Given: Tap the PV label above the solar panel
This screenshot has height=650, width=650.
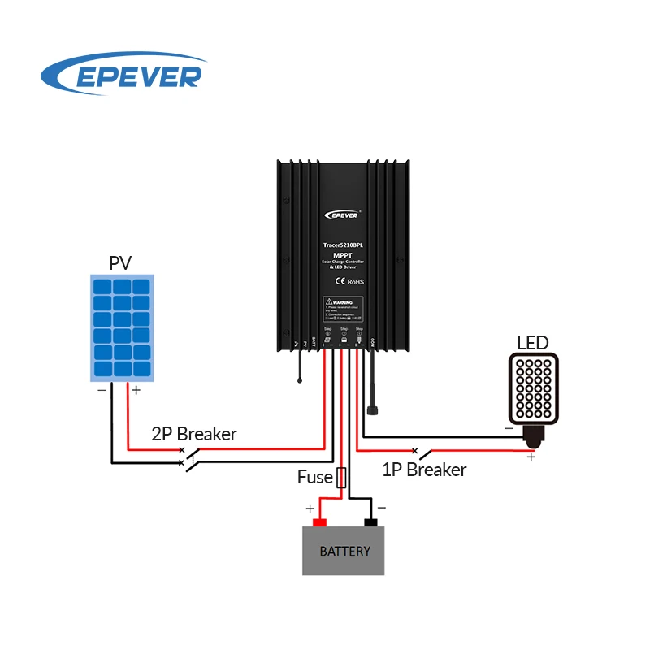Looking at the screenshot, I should [x=120, y=262].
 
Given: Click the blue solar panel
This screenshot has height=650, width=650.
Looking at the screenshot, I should [x=121, y=327].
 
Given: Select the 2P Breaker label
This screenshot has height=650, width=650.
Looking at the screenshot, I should [x=194, y=434].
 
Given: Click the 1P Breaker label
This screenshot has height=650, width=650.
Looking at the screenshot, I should [x=424, y=470].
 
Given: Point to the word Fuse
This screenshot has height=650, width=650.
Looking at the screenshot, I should [x=314, y=477].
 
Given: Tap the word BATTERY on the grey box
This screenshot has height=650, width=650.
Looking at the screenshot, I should [x=344, y=551].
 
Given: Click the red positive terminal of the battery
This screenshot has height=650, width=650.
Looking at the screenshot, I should [x=319, y=522].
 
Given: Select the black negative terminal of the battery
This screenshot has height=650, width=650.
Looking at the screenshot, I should [x=371, y=522].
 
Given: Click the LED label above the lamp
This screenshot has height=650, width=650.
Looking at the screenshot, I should [x=533, y=342].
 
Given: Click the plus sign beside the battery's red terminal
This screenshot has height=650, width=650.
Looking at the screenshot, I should [x=310, y=509].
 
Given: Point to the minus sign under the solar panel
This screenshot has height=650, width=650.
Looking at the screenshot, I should [x=102, y=390].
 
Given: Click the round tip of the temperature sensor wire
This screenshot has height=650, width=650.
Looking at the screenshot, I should [x=300, y=380].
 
